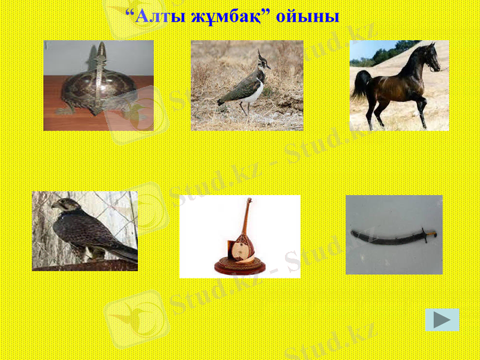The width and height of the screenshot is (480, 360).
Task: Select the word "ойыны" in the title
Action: [x=308, y=16]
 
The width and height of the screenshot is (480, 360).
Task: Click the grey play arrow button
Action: [x=442, y=320]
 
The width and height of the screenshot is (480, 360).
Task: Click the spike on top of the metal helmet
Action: [x=100, y=50]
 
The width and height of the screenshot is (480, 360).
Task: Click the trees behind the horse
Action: [x=390, y=53]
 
